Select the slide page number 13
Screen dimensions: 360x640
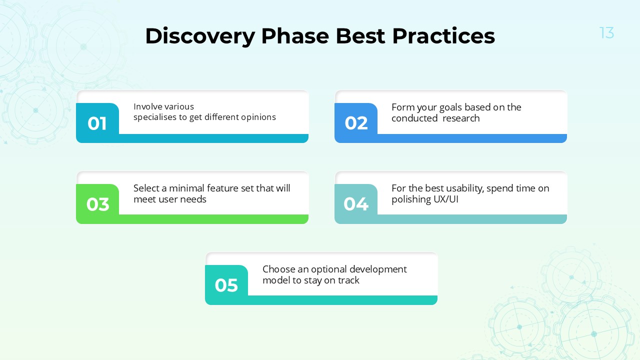click(606, 33)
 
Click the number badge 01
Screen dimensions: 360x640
click(97, 123)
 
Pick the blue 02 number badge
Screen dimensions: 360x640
click(356, 123)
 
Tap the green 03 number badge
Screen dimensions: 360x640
click(97, 204)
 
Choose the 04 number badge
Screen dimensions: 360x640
click(356, 204)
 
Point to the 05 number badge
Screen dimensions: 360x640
click(226, 285)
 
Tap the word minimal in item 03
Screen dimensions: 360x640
click(187, 188)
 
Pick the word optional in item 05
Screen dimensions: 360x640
click(328, 269)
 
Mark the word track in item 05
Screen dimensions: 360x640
click(348, 280)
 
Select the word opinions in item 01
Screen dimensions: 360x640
click(257, 117)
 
